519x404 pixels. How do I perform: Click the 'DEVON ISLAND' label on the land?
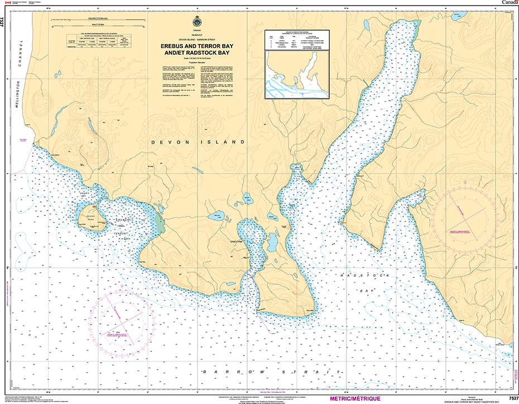click(198, 142)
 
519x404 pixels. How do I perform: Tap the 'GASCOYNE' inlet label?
click(246, 242)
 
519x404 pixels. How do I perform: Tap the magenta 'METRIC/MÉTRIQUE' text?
click(355, 398)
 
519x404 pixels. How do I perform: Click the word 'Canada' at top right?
click(507, 3)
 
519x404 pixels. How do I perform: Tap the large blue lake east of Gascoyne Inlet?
click(273, 242)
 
